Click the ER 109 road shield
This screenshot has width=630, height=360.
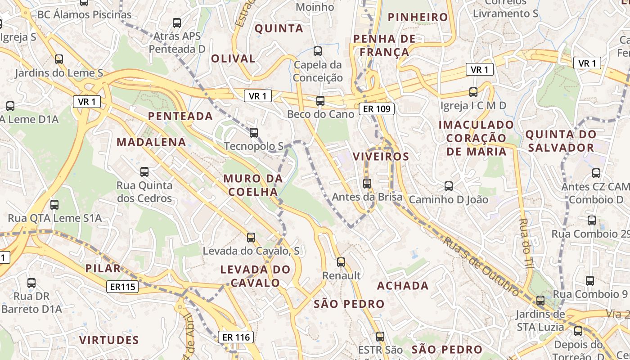[x=377, y=108]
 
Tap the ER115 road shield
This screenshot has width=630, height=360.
[x=122, y=287]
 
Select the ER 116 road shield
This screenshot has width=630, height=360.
[x=236, y=337]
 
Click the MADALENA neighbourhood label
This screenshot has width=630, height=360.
[x=151, y=142]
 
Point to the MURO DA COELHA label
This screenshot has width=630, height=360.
[x=253, y=185]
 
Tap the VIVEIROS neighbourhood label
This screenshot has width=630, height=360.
[x=381, y=157]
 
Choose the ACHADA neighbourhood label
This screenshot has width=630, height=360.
[x=403, y=286]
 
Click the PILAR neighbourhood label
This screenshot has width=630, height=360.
[x=103, y=269]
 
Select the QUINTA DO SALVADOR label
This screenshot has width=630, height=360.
[x=561, y=141]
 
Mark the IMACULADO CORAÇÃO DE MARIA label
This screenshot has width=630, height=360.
[x=476, y=138]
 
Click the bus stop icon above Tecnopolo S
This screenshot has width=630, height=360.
[x=254, y=132]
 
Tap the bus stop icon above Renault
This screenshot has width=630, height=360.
[x=341, y=262]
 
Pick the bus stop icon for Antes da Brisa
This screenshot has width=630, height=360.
[x=367, y=183]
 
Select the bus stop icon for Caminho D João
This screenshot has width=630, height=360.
[x=448, y=186]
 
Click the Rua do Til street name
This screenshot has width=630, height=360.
[x=526, y=243]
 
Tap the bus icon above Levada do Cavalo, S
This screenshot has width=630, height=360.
[x=251, y=237]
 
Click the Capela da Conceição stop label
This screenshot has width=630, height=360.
[x=318, y=71]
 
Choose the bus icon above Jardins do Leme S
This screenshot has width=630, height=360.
[x=59, y=59]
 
